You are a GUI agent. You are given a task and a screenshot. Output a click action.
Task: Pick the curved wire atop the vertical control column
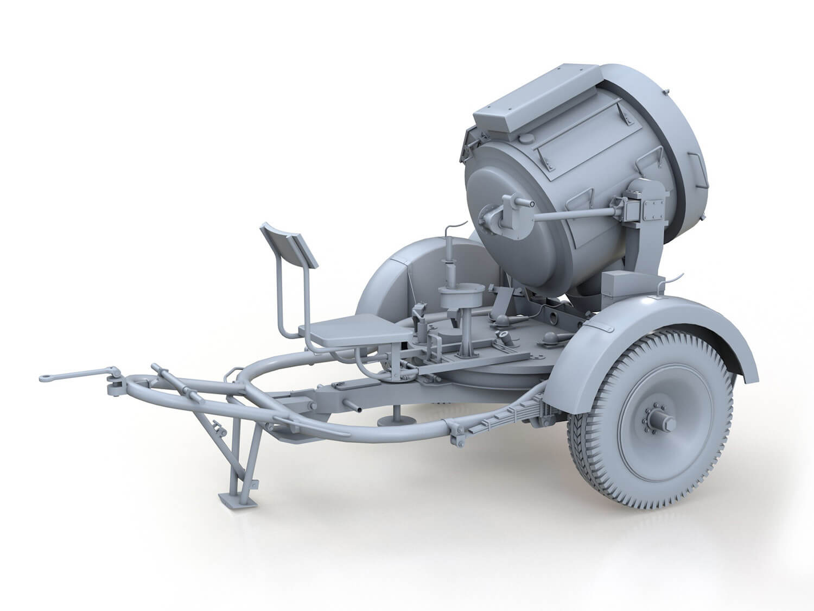pos(450,231)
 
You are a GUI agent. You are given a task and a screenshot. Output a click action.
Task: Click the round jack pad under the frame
pos(395,420)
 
